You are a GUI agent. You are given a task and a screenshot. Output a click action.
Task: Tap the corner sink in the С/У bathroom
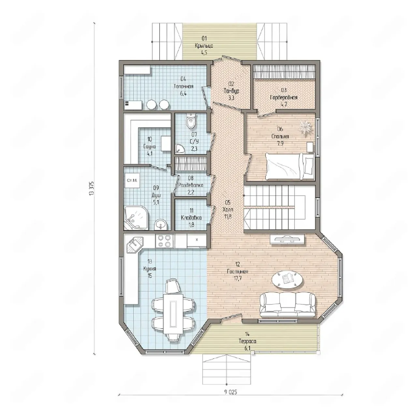tap(179, 149)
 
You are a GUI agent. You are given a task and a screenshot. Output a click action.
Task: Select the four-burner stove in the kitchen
tap(164, 241)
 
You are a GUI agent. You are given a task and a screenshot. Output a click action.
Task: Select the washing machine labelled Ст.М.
tap(132, 181)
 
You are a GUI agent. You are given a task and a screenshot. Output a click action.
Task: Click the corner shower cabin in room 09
tap(136, 217)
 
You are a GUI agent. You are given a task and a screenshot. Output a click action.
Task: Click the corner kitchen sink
tap(135, 245)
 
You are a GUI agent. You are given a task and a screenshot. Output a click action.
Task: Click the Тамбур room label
tap(231, 91)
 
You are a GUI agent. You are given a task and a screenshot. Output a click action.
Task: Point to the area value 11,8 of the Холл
tap(228, 216)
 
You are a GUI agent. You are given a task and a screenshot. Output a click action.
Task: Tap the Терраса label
tap(248, 347)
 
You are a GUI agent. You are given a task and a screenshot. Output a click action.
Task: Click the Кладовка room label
tap(191, 218)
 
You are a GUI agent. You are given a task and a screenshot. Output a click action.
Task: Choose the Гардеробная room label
tap(284, 97)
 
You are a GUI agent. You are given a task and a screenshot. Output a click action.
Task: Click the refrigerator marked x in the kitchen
tap(196, 241)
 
